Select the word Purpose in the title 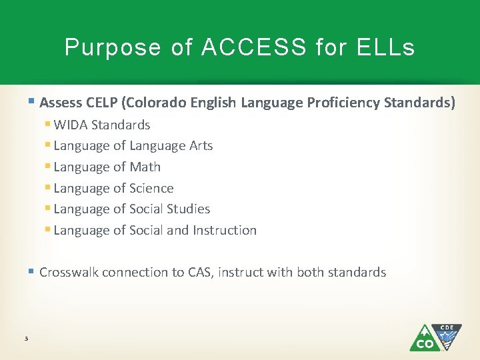click(112, 47)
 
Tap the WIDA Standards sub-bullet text click(101, 125)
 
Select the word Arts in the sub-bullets click(199, 145)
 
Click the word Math click(145, 167)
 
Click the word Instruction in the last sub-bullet click(224, 230)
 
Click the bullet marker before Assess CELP click(33, 103)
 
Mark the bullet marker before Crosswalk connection click(33, 272)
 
